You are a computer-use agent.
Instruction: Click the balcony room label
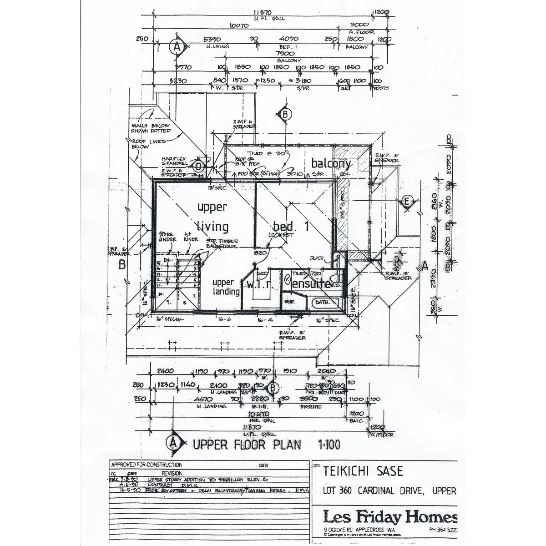331,164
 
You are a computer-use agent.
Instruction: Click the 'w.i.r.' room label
259,285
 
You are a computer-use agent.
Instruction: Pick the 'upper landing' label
226,287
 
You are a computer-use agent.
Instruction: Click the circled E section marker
407,202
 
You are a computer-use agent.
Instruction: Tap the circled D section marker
198,167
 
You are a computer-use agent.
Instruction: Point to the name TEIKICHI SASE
363,471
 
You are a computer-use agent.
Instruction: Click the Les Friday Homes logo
390,517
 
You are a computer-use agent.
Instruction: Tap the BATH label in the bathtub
323,302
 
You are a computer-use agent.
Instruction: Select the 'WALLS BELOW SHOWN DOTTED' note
151,128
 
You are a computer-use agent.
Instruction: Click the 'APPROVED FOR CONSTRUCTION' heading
147,465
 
